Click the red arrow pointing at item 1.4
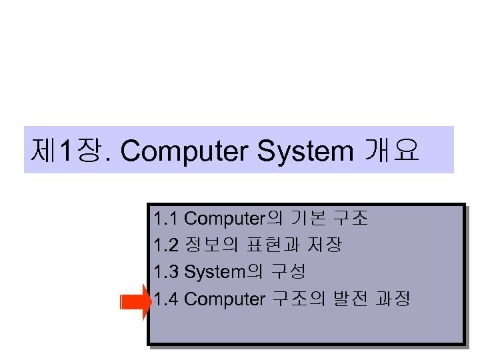(x=137, y=303)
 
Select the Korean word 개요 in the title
(x=391, y=151)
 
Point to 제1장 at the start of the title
(x=66, y=151)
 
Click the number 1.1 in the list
(x=165, y=218)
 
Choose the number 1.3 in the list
(x=165, y=272)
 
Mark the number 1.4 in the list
(x=166, y=299)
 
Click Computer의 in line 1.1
(x=233, y=218)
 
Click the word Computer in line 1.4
(x=224, y=299)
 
